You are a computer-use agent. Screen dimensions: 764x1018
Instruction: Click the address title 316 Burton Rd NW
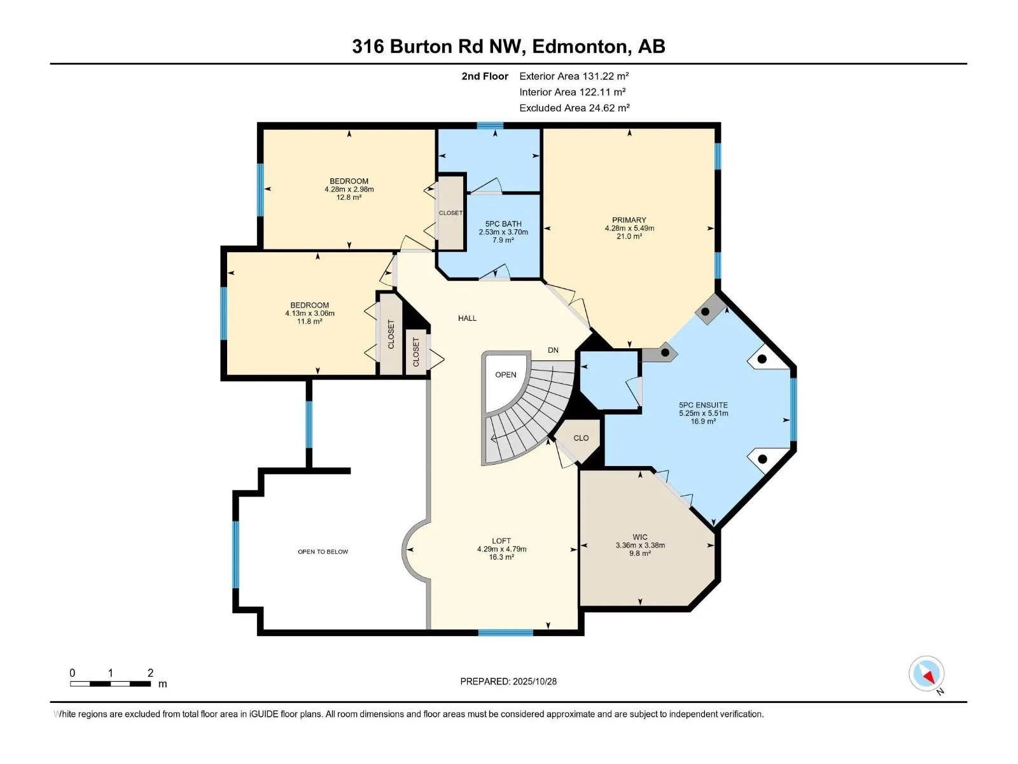[x=508, y=46]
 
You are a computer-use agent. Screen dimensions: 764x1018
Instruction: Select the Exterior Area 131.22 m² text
[x=574, y=76]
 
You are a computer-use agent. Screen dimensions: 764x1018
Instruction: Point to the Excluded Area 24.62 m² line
[x=574, y=108]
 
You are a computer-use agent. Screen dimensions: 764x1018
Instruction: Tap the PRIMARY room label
[x=629, y=220]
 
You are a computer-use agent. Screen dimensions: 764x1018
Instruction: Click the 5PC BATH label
[x=503, y=224]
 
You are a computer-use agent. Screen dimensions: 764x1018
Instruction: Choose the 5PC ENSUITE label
[x=703, y=405]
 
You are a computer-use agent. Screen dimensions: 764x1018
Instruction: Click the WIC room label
[x=640, y=537]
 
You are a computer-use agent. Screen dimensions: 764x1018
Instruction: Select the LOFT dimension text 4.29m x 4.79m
[x=501, y=549]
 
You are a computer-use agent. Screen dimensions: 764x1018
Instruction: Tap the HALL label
[x=467, y=318]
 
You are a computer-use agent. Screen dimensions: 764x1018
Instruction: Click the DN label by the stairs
[x=553, y=350]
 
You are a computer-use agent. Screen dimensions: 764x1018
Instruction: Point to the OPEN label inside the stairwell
[x=506, y=375]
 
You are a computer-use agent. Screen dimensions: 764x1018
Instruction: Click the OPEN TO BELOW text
[x=323, y=552]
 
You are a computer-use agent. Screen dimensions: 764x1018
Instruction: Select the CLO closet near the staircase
[x=581, y=438]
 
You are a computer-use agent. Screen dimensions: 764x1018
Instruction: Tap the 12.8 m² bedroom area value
[x=349, y=197]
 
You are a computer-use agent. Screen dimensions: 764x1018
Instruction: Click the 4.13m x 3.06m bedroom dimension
[x=310, y=313]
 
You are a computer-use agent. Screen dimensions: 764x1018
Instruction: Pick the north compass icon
[x=927, y=674]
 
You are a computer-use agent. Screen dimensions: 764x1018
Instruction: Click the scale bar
[x=110, y=684]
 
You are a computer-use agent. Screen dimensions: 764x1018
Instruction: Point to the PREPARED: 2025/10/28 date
[x=508, y=681]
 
